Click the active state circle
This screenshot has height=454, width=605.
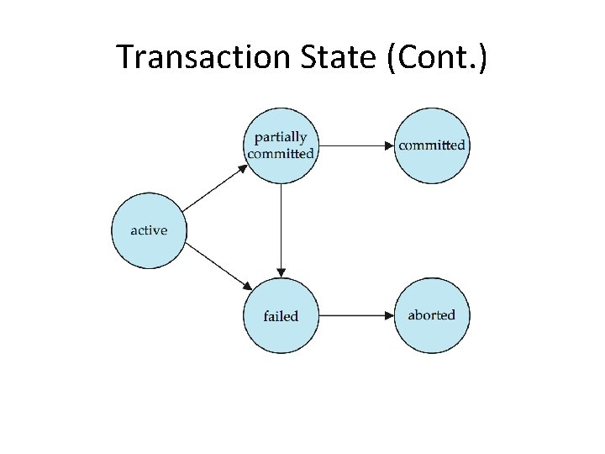click(x=149, y=230)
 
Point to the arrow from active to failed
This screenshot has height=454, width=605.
click(x=215, y=266)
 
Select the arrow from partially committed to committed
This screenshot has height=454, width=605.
click(x=356, y=145)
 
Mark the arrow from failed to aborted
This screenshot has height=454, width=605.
click(x=356, y=316)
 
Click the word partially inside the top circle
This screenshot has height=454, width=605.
click(x=281, y=137)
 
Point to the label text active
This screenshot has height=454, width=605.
click(x=149, y=230)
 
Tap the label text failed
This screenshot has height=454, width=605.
click(x=281, y=316)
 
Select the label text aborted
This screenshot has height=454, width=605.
click(x=432, y=315)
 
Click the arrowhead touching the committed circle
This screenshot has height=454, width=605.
click(x=388, y=145)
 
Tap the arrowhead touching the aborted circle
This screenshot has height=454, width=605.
click(x=389, y=316)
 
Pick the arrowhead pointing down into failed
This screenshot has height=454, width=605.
click(x=281, y=272)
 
